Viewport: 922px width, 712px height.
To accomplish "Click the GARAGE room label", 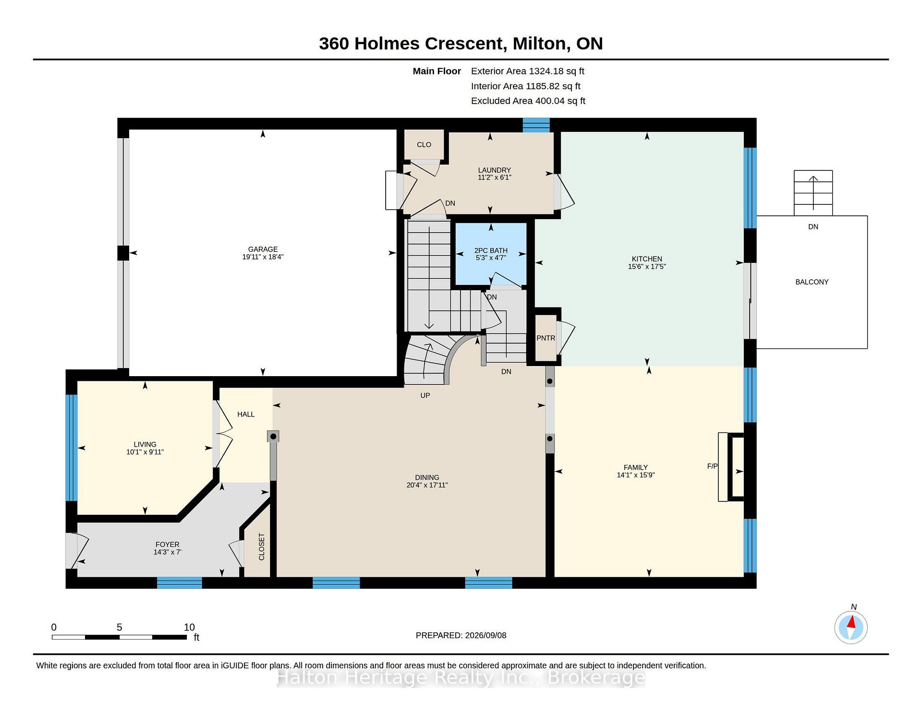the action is (263, 249).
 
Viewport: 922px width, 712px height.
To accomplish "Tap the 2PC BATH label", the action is (491, 250).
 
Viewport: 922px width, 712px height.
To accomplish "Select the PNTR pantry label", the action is (546, 338).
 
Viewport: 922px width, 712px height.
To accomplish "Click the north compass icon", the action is (851, 627).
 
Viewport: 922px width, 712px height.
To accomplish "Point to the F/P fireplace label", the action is (713, 466).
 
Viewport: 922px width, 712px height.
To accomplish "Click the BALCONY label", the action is (812, 282).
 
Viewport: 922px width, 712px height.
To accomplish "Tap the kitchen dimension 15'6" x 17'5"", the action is (647, 267).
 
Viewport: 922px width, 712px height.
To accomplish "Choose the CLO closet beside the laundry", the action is (424, 145).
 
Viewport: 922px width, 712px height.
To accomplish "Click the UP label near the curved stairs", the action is (425, 395).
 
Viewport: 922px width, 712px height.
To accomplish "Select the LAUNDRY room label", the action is (494, 170).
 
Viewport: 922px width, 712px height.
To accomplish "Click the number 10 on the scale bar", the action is (189, 627).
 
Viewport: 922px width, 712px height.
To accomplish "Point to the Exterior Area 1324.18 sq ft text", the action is (528, 71).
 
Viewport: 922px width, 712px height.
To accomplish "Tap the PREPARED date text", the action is (461, 635).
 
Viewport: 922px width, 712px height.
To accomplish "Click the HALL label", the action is (246, 415).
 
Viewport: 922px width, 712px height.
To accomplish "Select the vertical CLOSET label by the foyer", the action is (262, 547).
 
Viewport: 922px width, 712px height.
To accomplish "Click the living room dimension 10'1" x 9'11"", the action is (145, 452).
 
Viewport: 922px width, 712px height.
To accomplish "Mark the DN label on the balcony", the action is (813, 227).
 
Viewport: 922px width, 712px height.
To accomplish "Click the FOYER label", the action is (167, 545).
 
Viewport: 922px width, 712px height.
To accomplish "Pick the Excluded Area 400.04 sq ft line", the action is (528, 101).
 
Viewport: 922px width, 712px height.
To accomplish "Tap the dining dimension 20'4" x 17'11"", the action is (427, 485).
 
